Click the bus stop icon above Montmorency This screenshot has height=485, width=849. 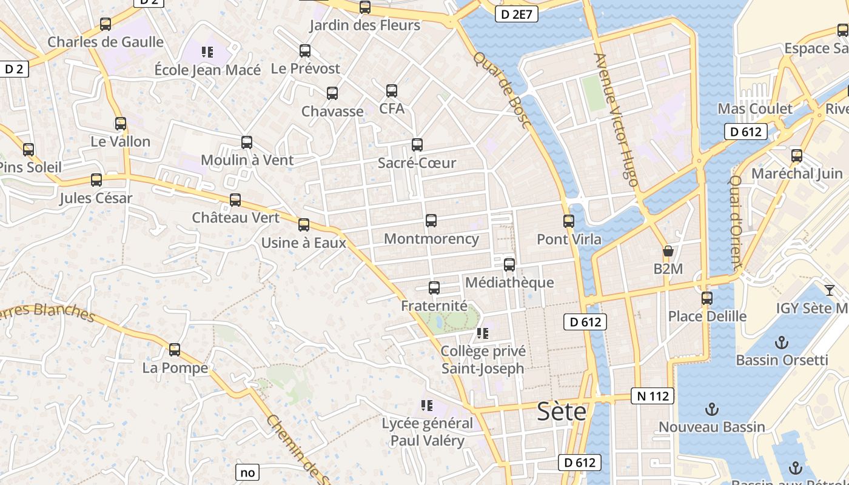pyautogui.click(x=431, y=221)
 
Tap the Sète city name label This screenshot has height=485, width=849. pyautogui.click(x=562, y=412)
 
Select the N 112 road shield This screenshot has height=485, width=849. pyautogui.click(x=653, y=396)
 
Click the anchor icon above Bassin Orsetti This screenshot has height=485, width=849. pyautogui.click(x=782, y=343)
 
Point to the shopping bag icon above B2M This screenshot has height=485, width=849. pyautogui.click(x=668, y=251)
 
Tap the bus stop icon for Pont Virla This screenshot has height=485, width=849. pyautogui.click(x=569, y=221)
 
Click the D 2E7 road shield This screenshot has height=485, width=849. pyautogui.click(x=517, y=14)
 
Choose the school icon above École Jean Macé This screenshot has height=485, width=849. pyautogui.click(x=207, y=52)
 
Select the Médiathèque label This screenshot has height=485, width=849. pyautogui.click(x=509, y=283)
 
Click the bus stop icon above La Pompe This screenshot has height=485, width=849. pyautogui.click(x=175, y=350)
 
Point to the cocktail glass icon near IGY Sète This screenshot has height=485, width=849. pyautogui.click(x=830, y=290)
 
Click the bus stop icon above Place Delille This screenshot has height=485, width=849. pyautogui.click(x=707, y=298)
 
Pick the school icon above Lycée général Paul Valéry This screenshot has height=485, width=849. pyautogui.click(x=427, y=405)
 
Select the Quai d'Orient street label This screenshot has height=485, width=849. pyautogui.click(x=736, y=222)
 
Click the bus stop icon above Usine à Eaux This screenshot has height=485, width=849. pyautogui.click(x=304, y=225)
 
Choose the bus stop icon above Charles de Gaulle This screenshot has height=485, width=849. pyautogui.click(x=106, y=24)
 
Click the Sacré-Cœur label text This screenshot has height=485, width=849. pyautogui.click(x=417, y=163)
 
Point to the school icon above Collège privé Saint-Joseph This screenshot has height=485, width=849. pyautogui.click(x=483, y=333)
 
